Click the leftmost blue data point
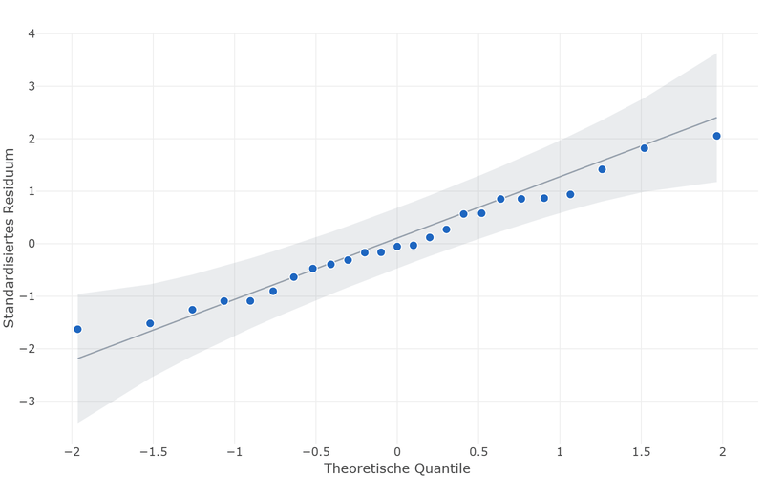(x=77, y=329)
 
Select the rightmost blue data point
(x=717, y=136)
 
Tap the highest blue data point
(x=717, y=136)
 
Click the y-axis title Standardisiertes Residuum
(x=9, y=238)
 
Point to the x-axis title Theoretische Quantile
(x=397, y=468)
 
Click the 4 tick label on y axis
(x=32, y=34)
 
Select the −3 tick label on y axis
(x=28, y=402)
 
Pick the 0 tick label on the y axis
(x=32, y=244)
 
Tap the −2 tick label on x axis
(x=73, y=452)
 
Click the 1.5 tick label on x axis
(x=641, y=452)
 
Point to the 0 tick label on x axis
(x=397, y=452)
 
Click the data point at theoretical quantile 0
(x=397, y=247)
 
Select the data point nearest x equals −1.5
(x=150, y=323)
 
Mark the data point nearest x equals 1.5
(x=644, y=148)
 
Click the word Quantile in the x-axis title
(x=442, y=468)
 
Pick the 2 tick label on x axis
(x=723, y=452)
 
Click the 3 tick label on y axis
(x=32, y=86)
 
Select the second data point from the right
(x=644, y=148)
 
